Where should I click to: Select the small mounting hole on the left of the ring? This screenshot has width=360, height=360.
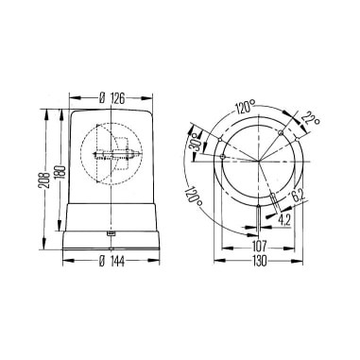point(219,159)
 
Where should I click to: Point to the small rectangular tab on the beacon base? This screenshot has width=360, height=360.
point(111,231)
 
